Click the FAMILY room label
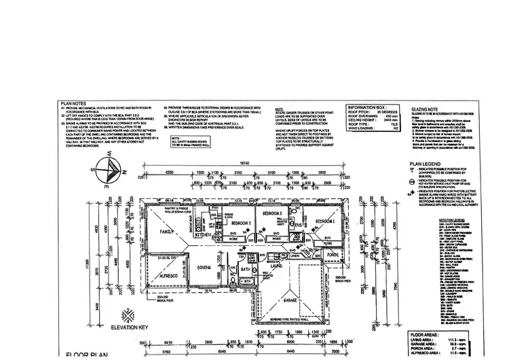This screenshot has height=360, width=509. (168, 231)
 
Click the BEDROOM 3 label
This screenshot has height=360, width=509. (240, 223)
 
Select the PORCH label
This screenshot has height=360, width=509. (332, 255)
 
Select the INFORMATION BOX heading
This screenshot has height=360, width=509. (367, 107)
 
